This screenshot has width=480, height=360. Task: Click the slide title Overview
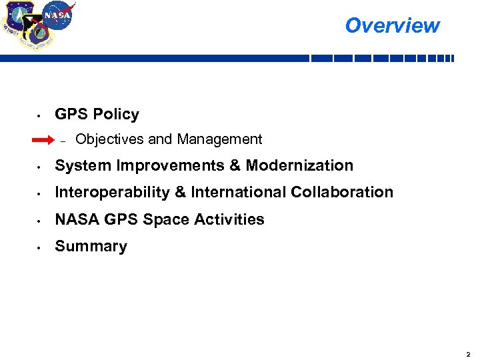(x=392, y=25)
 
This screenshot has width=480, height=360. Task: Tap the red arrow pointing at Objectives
(x=48, y=140)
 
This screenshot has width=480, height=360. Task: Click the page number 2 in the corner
(x=469, y=353)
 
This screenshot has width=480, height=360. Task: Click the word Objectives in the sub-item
(x=110, y=139)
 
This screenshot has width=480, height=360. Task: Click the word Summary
(x=91, y=247)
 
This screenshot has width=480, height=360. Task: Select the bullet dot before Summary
(x=40, y=247)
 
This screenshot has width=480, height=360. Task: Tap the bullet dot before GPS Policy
(x=40, y=115)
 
